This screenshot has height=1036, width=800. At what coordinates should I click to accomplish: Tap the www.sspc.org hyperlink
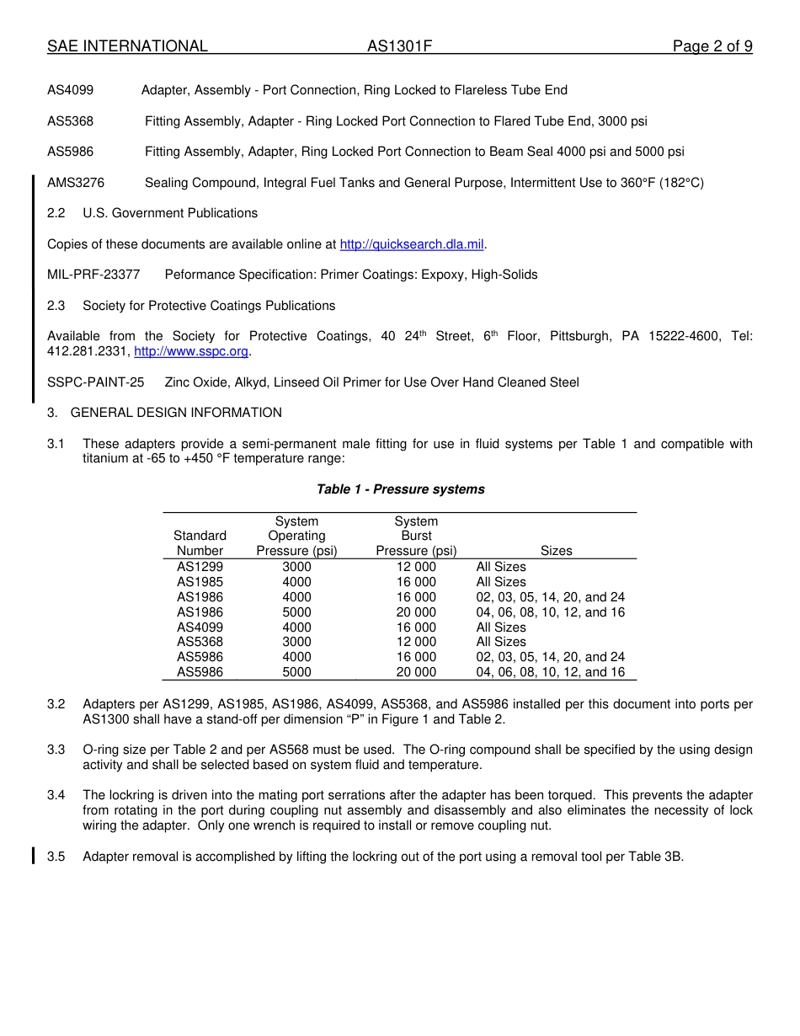[x=191, y=351]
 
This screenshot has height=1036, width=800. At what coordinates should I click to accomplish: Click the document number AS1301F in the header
[x=399, y=46]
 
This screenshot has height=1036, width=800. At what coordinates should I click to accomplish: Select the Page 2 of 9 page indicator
[x=712, y=46]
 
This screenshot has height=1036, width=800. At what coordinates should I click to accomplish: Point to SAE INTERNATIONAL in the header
[x=127, y=46]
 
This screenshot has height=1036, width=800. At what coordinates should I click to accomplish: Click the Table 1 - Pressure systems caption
[x=400, y=489]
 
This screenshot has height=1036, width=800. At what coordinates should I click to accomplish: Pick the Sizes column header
[x=556, y=551]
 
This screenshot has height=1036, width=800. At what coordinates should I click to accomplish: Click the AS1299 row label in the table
[x=200, y=567]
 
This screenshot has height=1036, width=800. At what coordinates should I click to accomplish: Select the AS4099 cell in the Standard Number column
[x=200, y=627]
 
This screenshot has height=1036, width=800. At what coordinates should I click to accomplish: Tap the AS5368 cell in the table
[x=200, y=642]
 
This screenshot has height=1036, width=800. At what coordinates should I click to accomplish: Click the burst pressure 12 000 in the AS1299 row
[x=416, y=567]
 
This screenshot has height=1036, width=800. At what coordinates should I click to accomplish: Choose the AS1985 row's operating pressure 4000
[x=296, y=582]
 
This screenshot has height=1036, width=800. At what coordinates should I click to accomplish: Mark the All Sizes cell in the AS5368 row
[x=501, y=642]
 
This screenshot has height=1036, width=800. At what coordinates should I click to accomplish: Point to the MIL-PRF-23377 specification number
[x=93, y=275]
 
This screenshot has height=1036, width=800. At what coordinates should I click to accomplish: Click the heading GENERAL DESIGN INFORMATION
[x=176, y=413]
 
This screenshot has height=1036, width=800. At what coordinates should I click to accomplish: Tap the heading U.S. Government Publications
[x=170, y=213]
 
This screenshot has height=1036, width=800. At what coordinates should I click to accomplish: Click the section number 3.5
[x=56, y=857]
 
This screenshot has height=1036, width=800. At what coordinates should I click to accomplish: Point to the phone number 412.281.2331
[x=88, y=351]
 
